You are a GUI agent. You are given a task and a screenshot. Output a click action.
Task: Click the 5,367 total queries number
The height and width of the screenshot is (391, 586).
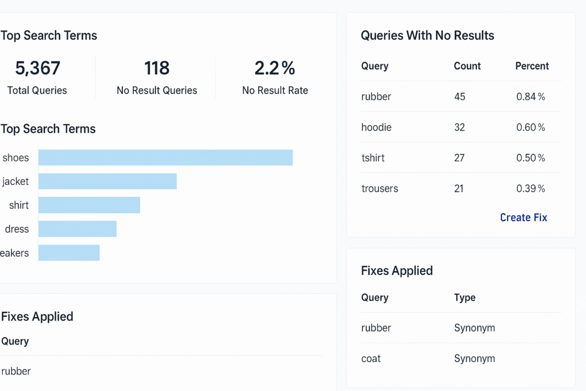[x=37, y=68]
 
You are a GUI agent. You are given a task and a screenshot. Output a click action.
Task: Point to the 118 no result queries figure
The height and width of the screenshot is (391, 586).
[x=157, y=68]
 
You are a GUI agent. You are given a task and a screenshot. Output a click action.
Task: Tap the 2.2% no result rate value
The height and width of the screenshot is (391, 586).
[x=275, y=68]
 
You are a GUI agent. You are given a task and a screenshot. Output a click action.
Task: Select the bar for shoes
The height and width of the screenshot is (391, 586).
[x=165, y=157]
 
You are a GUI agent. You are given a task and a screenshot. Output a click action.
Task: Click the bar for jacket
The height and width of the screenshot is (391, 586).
[x=108, y=181]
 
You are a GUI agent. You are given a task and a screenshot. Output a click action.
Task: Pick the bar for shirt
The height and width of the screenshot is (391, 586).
[x=89, y=205]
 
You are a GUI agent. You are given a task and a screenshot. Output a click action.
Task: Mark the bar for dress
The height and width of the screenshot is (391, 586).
[x=77, y=229]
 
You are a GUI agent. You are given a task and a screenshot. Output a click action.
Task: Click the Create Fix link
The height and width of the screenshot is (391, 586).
[x=523, y=218]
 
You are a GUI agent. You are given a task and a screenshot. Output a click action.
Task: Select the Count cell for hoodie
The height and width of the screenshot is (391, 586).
[x=460, y=127]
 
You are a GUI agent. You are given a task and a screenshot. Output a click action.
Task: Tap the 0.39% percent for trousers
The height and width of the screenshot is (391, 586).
[x=530, y=188]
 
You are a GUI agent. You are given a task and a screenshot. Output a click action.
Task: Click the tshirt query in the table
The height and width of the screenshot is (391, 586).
[x=373, y=157]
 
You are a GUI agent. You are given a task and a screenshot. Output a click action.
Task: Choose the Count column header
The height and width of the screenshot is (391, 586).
[x=467, y=66]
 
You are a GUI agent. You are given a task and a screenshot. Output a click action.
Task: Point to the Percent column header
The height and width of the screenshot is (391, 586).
[x=532, y=66]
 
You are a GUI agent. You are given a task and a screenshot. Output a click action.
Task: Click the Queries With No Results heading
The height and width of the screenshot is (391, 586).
[x=427, y=35]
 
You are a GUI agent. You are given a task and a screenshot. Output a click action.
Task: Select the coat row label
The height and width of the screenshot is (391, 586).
[x=371, y=358]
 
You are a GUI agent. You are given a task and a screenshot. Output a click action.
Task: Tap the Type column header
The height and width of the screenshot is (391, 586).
[x=465, y=298]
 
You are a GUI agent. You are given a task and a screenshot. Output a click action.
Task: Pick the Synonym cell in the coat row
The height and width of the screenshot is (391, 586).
[x=474, y=358]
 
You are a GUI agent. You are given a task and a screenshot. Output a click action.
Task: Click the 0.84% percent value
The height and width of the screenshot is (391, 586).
[x=530, y=97]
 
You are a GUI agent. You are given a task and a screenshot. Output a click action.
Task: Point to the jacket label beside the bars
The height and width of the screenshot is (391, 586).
[x=15, y=181]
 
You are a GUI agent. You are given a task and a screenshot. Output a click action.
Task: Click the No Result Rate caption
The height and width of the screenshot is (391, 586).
[x=275, y=90]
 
